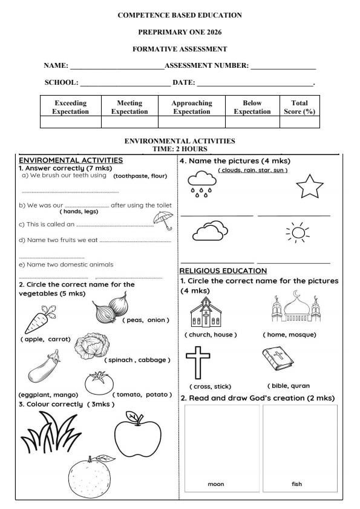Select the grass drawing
click(x=49, y=434)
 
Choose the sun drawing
click(x=296, y=232)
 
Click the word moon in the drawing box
click(x=216, y=484)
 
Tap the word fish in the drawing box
click(x=296, y=484)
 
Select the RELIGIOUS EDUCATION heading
click(x=223, y=271)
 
